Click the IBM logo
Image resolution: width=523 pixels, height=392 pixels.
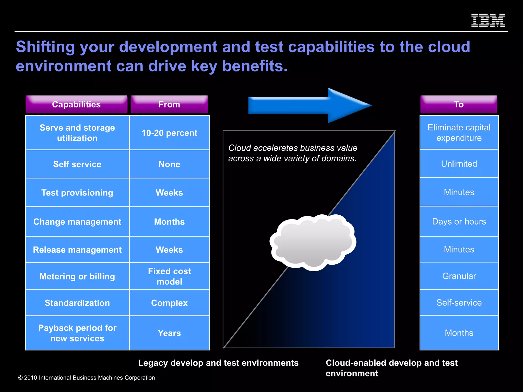[x=488, y=20]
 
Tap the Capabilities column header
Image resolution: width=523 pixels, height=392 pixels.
[x=76, y=104]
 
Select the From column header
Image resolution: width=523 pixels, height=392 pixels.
[x=169, y=104]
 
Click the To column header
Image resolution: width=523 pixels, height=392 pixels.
[x=459, y=104]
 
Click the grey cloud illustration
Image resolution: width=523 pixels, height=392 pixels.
[x=313, y=242]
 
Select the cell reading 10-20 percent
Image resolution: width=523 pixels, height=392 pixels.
[x=169, y=133]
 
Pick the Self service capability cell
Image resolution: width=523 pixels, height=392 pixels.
[x=77, y=164]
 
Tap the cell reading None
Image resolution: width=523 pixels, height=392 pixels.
[x=169, y=164]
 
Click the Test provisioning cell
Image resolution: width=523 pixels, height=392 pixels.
[x=77, y=193]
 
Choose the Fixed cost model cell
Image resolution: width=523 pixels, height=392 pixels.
[x=169, y=276]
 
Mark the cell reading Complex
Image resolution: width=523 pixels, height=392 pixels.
[x=169, y=303]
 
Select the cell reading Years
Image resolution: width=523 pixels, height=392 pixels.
[x=169, y=333]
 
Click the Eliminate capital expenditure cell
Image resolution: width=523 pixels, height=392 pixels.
[x=459, y=133]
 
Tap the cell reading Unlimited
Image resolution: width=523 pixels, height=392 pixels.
[x=459, y=164]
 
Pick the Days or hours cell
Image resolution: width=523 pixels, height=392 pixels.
[x=459, y=222]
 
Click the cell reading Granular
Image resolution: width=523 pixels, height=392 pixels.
[x=459, y=276]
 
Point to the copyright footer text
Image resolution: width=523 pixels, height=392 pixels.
[x=86, y=378]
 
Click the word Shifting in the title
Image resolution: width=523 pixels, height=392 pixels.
[x=45, y=47]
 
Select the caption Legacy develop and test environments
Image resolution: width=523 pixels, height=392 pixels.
[x=218, y=363]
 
